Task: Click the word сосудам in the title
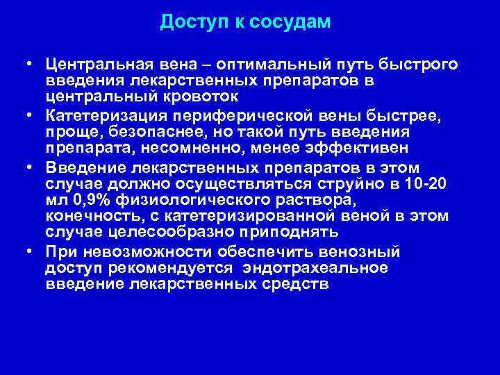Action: click(295, 22)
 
